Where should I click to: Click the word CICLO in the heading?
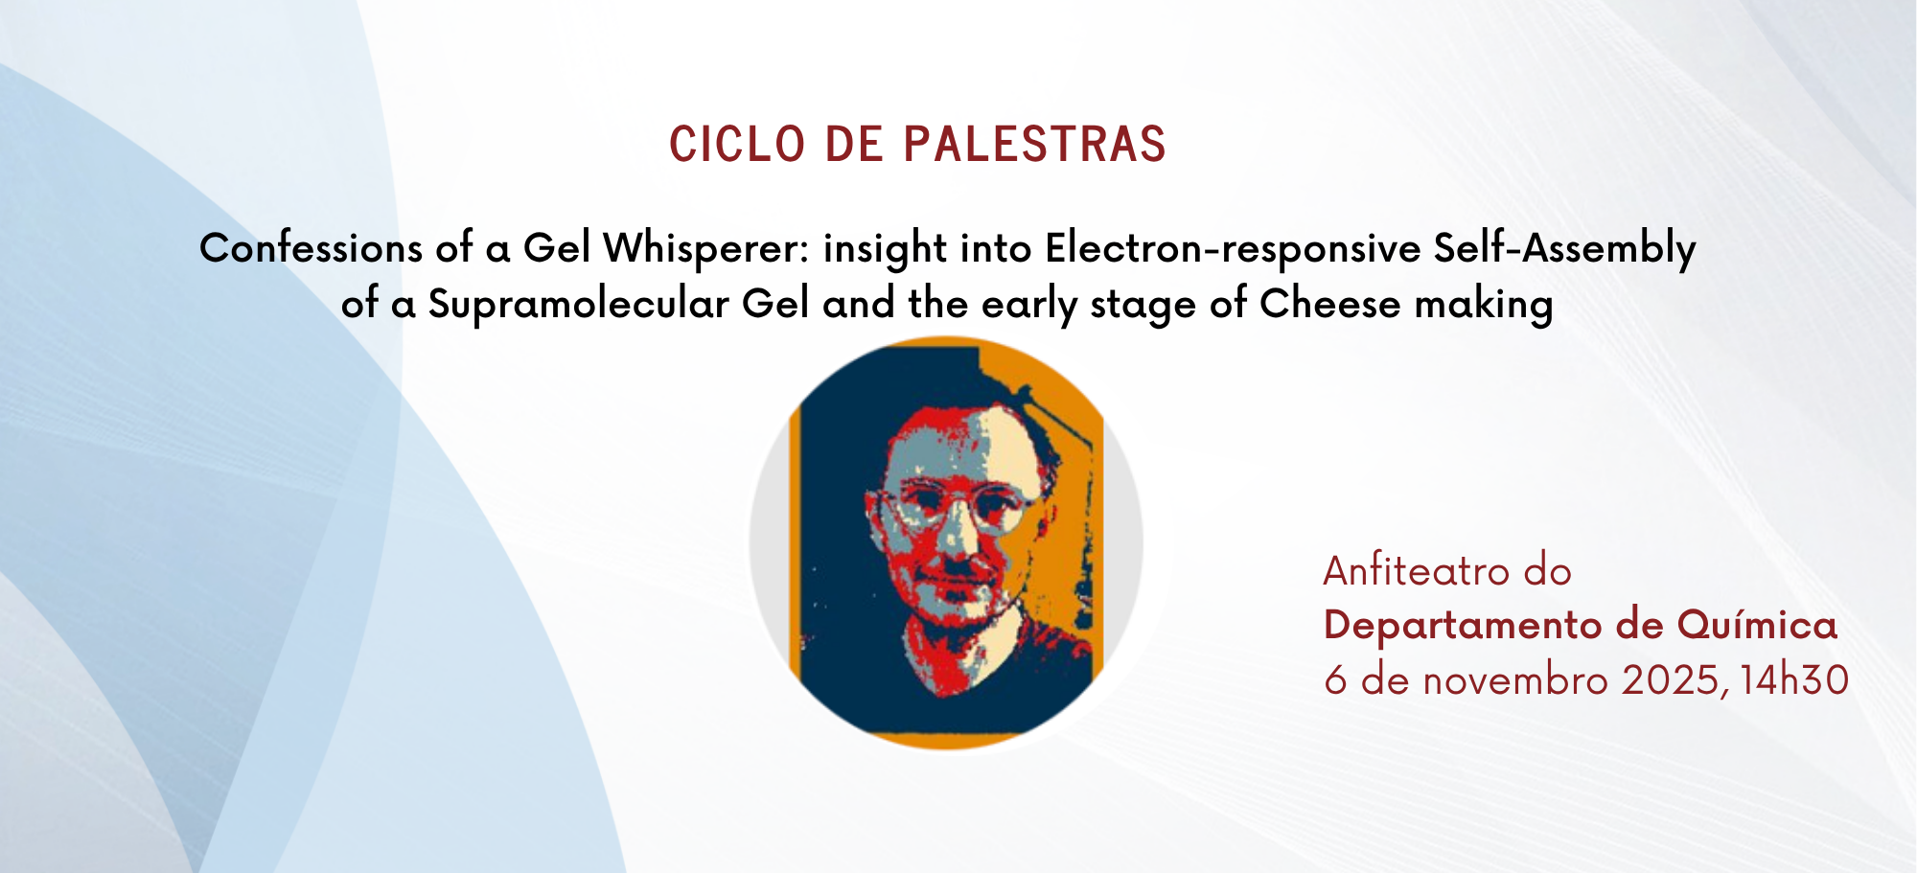point(736,145)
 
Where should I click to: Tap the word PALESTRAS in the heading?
point(1035,145)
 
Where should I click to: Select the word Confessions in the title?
point(311,248)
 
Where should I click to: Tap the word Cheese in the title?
point(1329,304)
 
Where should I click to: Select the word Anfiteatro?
point(1416,571)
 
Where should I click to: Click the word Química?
point(1757,626)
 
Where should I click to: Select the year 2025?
point(1672,680)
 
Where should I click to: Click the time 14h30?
point(1793,680)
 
